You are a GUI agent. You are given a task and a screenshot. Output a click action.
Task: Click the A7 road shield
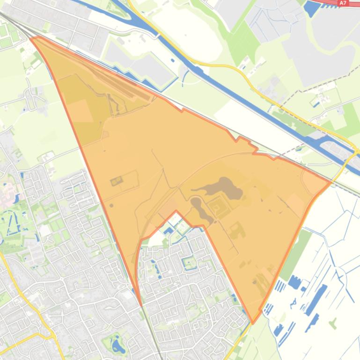[x=343, y=3]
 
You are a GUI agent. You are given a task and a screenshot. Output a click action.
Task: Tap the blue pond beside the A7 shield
[x=311, y=8]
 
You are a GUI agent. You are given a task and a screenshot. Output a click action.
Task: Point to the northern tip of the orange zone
[x=32, y=38]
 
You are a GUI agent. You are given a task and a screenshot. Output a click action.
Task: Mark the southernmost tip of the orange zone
[x=253, y=322]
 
